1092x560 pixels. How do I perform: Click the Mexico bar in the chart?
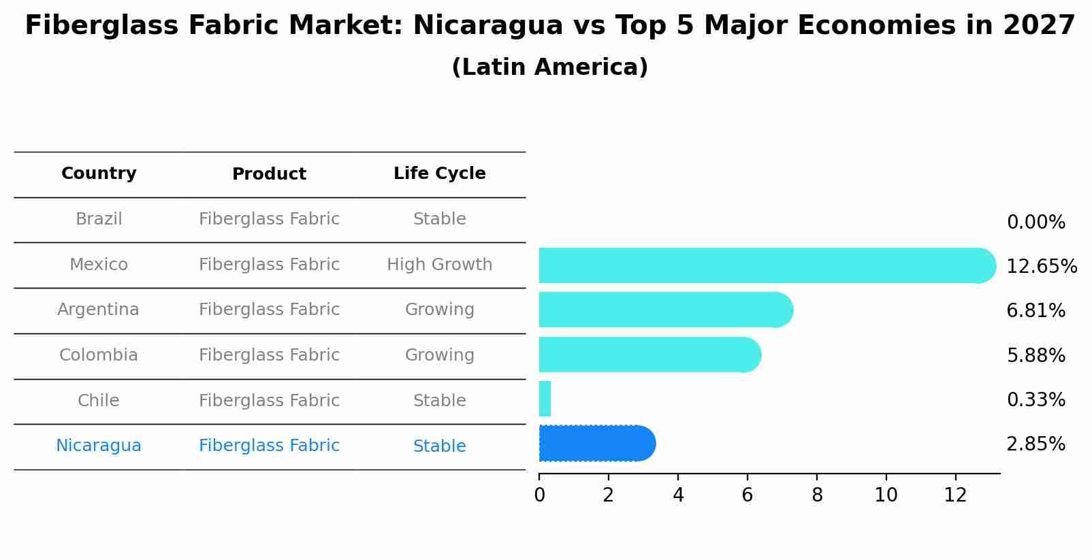[x=762, y=265]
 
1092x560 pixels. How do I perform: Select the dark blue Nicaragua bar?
[x=596, y=444]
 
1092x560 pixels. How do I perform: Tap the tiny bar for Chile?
[x=545, y=399]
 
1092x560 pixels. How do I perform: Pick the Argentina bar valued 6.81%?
[x=664, y=310]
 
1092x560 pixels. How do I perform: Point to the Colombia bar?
[x=647, y=355]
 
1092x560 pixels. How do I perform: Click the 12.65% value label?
[x=1041, y=267]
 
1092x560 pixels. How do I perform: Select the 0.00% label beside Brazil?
[x=1035, y=223]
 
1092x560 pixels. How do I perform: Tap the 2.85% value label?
[x=1035, y=444]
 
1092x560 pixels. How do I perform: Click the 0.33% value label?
[x=1035, y=400]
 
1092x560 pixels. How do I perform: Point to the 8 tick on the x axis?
[x=817, y=495]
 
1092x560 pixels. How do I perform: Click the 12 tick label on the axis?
[x=955, y=495]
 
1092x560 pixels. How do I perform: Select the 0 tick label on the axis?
[x=539, y=495]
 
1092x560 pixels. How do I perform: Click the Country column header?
[x=99, y=174]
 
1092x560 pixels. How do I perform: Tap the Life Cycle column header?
[x=439, y=174]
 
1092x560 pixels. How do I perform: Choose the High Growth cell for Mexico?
[x=439, y=265]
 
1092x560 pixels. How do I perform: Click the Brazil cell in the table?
[x=99, y=219]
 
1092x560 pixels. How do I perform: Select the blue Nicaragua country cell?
[x=99, y=446]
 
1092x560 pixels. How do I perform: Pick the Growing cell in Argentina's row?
[x=439, y=310]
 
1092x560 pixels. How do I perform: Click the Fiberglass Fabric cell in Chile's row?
[x=269, y=401]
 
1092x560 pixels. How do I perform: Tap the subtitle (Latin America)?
[x=549, y=67]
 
